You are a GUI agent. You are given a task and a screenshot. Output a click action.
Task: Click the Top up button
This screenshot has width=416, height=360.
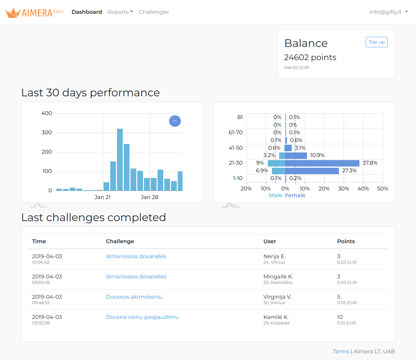click(x=376, y=42)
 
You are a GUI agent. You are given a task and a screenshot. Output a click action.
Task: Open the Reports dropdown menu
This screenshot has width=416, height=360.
click(x=120, y=12)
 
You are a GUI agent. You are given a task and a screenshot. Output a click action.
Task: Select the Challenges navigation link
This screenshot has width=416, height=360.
click(x=153, y=12)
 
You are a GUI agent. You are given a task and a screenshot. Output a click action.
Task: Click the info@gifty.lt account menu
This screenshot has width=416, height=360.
click(x=388, y=12)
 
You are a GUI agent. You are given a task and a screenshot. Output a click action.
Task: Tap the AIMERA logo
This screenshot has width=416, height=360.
click(x=34, y=13)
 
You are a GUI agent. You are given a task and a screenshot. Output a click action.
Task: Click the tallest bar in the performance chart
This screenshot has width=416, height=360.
click(x=120, y=159)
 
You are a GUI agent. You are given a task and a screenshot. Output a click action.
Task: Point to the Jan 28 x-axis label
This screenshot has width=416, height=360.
click(x=149, y=197)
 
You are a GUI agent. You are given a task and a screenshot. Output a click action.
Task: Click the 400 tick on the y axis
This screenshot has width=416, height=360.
click(x=47, y=113)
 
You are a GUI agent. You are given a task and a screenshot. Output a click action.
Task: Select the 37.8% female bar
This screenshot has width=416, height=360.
click(x=322, y=163)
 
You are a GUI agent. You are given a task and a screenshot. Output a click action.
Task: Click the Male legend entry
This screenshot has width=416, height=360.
click(x=275, y=195)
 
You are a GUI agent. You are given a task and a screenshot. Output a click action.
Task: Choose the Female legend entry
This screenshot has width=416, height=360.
click(x=295, y=195)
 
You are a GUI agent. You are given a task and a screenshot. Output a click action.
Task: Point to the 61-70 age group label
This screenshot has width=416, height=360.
click(x=236, y=132)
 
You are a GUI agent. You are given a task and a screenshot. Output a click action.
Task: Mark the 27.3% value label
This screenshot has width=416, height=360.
click(x=349, y=170)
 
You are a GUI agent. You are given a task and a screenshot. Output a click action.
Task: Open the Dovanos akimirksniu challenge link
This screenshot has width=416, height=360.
click(x=134, y=297)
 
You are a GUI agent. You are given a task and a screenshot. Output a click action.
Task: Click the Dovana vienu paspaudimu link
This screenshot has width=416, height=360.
click(x=142, y=317)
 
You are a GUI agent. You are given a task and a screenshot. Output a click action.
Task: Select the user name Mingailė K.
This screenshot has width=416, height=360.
click(x=278, y=277)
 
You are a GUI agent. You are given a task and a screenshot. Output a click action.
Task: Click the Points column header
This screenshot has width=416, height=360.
click(x=346, y=241)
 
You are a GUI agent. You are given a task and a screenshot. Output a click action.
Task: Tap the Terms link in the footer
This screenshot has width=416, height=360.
click(x=341, y=351)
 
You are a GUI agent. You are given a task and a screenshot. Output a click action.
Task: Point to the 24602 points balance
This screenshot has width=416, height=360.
click(x=310, y=57)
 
